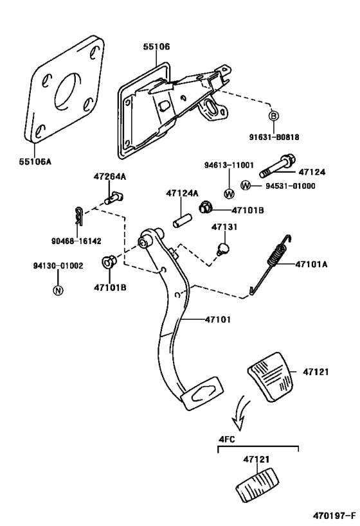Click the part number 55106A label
point(35,162)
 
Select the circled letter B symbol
point(274,116)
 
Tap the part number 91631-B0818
point(274,137)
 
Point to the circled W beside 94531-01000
point(246,185)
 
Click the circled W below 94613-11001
point(229,193)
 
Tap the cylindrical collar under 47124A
point(182,221)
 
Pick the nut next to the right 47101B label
point(205,207)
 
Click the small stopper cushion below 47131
point(222,249)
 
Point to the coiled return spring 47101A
point(271,265)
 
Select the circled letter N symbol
point(58,290)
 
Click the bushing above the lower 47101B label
point(109,261)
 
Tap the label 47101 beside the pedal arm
point(218,319)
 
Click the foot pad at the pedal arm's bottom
point(202,394)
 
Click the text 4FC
point(227,439)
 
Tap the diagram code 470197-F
point(334,515)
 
